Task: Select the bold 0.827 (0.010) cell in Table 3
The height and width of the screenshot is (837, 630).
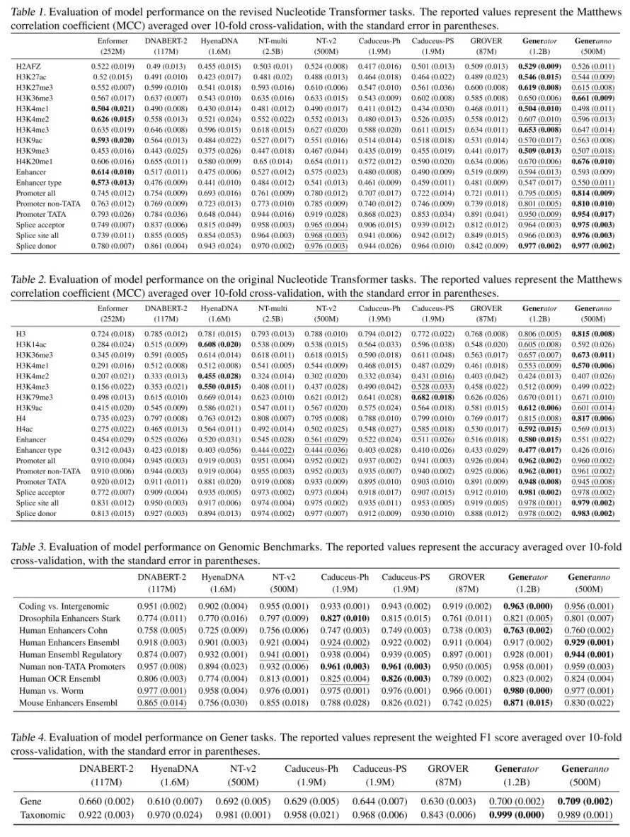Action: coord(345,619)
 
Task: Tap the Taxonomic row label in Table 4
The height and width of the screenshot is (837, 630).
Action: coord(42,814)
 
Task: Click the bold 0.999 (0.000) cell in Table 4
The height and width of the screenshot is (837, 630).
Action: coord(517,814)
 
